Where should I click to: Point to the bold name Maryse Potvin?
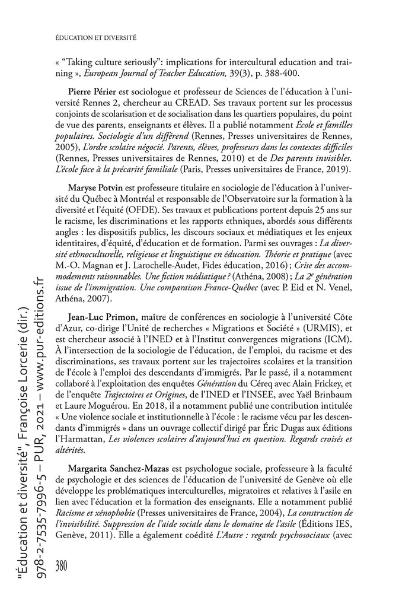(x=92, y=189)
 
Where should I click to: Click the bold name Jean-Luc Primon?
(x=95, y=317)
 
